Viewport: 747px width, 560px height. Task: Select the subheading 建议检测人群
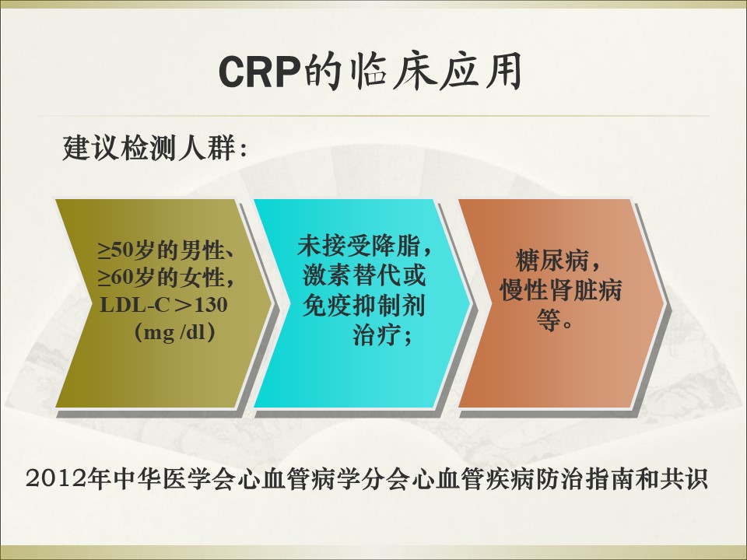(149, 148)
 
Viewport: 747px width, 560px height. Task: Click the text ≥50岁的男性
(161, 250)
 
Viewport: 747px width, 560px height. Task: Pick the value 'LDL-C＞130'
(163, 305)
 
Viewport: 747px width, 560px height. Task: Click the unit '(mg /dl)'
(174, 332)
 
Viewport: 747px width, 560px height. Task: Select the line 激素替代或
(364, 275)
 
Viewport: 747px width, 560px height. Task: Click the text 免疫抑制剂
(364, 305)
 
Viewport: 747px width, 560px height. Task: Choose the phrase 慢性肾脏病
(561, 289)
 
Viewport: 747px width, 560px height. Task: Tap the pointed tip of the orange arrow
(666, 303)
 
